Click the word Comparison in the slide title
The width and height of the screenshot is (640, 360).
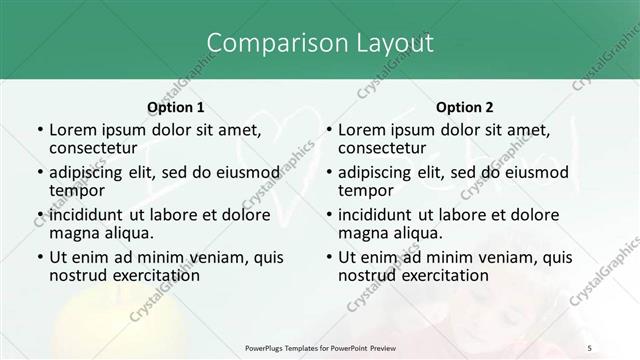click(268, 43)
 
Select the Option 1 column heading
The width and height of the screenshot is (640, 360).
click(176, 106)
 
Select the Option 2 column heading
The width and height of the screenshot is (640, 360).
click(465, 106)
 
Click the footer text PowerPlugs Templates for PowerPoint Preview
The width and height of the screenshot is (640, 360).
click(320, 347)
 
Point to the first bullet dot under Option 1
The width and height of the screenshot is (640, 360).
click(39, 130)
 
